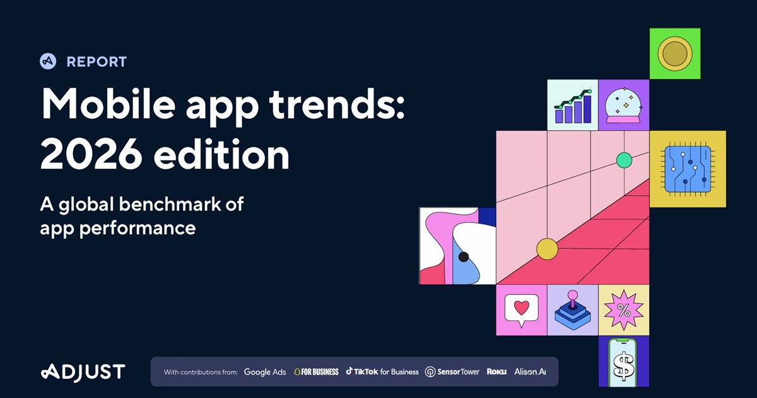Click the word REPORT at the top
[97, 62]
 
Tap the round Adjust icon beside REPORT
[48, 61]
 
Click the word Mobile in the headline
[108, 104]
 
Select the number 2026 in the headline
[91, 155]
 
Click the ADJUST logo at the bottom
[83, 372]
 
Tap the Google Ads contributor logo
[265, 372]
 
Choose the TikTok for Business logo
[382, 371]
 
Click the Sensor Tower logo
[452, 372]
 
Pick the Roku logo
[496, 372]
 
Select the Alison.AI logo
[530, 371]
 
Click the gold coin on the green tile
[675, 54]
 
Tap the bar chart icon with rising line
[573, 106]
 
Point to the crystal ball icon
[624, 105]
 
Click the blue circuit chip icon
[688, 169]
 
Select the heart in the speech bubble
[522, 307]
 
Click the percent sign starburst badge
[623, 310]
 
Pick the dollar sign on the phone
[623, 366]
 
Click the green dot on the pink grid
[624, 160]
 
